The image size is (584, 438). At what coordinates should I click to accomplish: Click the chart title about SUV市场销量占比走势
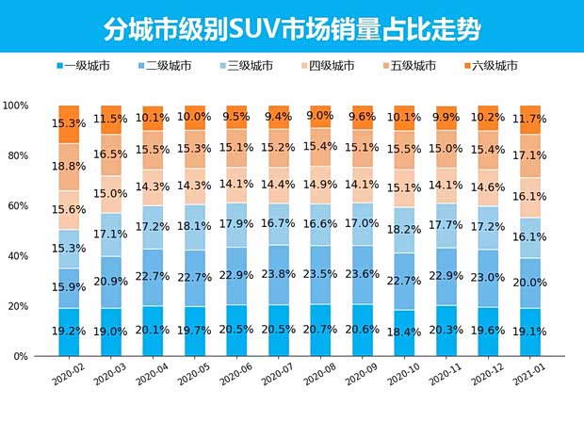[x=291, y=27]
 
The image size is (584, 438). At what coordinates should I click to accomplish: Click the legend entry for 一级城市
[x=86, y=66]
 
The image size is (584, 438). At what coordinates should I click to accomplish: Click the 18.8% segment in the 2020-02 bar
[x=71, y=166]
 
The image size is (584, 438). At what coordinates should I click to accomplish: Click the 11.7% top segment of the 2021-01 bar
[x=530, y=120]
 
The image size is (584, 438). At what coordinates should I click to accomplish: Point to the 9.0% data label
[x=321, y=116]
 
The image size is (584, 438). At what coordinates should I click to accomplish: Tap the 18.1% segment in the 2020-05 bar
[x=196, y=226]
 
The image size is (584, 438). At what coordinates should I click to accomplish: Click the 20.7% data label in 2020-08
[x=321, y=331]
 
